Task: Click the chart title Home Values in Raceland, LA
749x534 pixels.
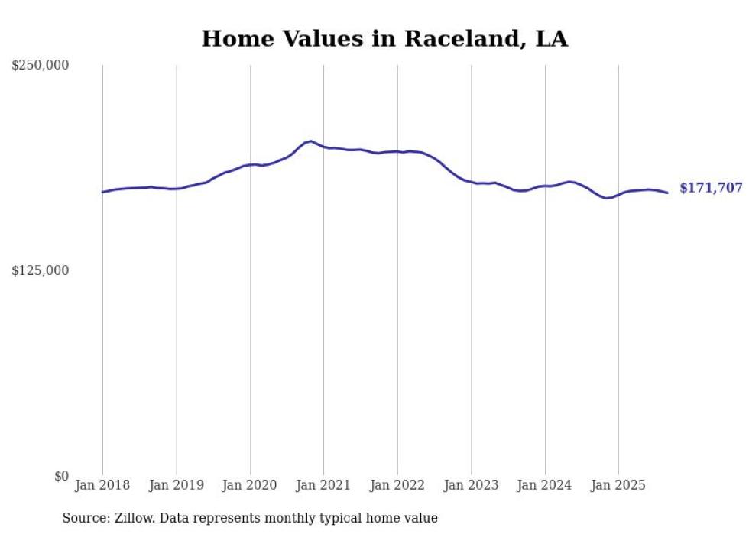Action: (384, 39)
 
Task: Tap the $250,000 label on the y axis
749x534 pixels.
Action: (40, 66)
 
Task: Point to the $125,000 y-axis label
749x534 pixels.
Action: (40, 270)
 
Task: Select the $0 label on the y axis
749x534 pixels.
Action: (61, 476)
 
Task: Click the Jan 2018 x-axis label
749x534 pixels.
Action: (102, 485)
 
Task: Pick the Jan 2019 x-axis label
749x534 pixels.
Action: (177, 485)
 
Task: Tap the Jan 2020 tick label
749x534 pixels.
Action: (250, 485)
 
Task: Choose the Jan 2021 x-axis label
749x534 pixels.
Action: (323, 485)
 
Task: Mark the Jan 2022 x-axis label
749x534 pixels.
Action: (397, 485)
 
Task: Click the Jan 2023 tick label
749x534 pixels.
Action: (472, 485)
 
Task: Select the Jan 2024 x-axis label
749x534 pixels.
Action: (545, 485)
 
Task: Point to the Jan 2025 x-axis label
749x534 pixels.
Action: (618, 485)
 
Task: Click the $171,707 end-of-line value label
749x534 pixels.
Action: (711, 188)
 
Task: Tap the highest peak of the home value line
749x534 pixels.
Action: (310, 141)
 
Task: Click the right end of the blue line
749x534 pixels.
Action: (667, 193)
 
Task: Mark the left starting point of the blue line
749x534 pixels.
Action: (102, 193)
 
